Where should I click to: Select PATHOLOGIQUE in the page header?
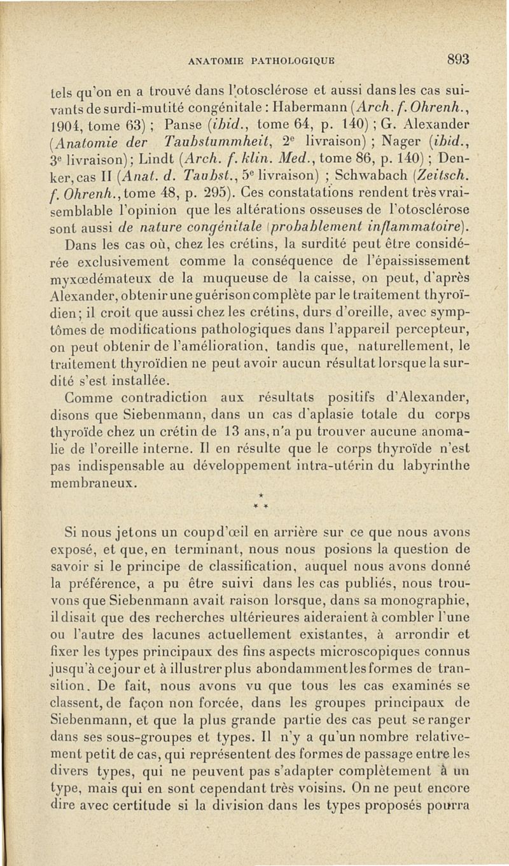point(283,62)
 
